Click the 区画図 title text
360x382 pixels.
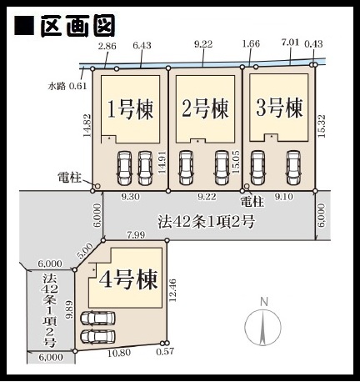tap(78, 25)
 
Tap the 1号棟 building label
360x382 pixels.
tap(130, 109)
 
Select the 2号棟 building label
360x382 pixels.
tap(205, 108)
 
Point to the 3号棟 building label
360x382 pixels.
tap(279, 108)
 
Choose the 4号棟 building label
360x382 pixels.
tap(128, 279)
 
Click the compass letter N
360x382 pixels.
tap(264, 302)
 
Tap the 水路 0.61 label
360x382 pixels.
tap(67, 86)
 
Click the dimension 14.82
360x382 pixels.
tap(87, 125)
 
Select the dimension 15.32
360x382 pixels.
tap(322, 126)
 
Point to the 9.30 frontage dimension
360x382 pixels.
tap(130, 197)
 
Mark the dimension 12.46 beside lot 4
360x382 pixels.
tap(172, 290)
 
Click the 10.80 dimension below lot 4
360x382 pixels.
tap(119, 353)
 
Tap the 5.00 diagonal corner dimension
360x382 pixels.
tap(85, 251)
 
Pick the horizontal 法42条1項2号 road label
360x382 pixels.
tap(206, 222)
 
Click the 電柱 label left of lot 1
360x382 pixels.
tap(69, 178)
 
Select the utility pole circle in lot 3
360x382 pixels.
tap(247, 186)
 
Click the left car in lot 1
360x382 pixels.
tap(124, 168)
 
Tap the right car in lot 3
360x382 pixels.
tap(293, 168)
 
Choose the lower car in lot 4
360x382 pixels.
tap(97, 336)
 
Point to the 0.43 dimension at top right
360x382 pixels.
tap(313, 43)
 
